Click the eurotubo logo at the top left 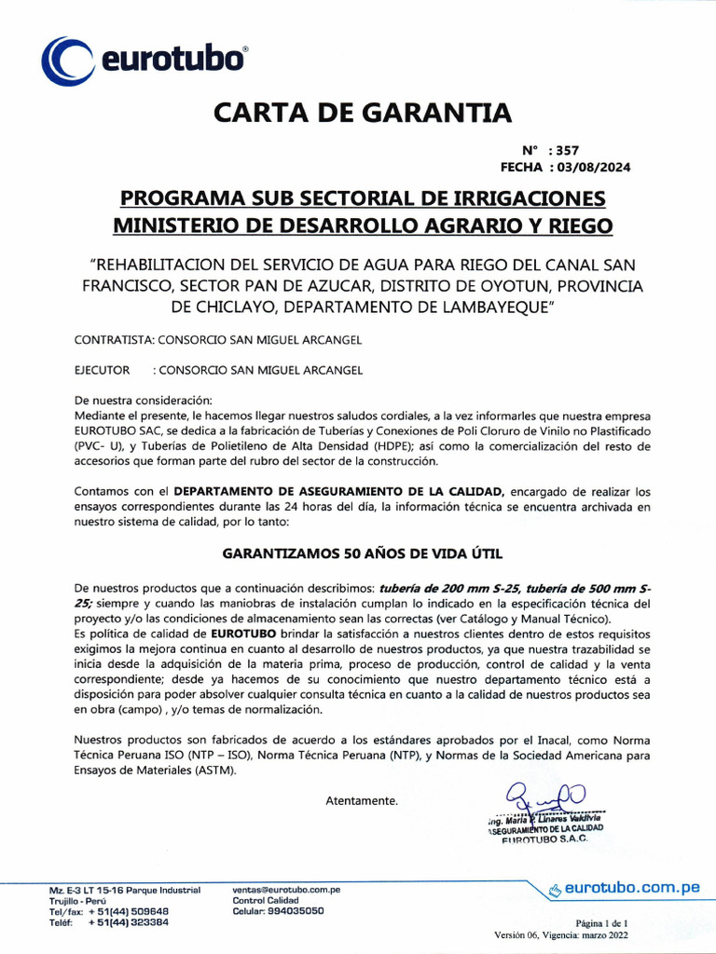(x=144, y=60)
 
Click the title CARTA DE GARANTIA (x=363, y=113)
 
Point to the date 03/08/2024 (x=593, y=168)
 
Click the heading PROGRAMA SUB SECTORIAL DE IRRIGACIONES (x=363, y=198)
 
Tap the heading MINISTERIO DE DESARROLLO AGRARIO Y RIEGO (x=363, y=225)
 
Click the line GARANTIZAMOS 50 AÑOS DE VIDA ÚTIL (x=362, y=553)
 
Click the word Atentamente (x=362, y=801)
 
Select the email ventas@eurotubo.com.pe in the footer (x=286, y=890)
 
